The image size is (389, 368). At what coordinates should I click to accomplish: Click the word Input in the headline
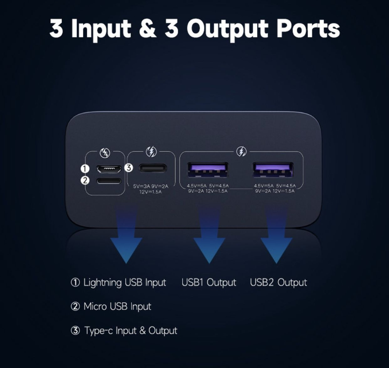pyautogui.click(x=101, y=29)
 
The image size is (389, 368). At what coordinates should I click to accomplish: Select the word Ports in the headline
pyautogui.click(x=308, y=29)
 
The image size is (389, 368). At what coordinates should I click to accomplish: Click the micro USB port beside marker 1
pyautogui.click(x=109, y=169)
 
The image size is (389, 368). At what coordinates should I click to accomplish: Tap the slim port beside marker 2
pyautogui.click(x=109, y=181)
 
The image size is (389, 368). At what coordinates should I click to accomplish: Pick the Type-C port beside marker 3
pyautogui.click(x=152, y=168)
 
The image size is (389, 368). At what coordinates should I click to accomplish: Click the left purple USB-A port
pyautogui.click(x=208, y=169)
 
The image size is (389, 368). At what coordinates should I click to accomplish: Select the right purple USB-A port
pyautogui.click(x=273, y=169)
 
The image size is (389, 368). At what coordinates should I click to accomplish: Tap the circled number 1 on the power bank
pyautogui.click(x=85, y=169)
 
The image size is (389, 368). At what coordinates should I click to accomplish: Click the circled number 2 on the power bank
pyautogui.click(x=85, y=180)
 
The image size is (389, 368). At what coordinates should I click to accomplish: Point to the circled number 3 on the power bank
pyautogui.click(x=128, y=168)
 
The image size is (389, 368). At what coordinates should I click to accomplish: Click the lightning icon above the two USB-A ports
pyautogui.click(x=242, y=151)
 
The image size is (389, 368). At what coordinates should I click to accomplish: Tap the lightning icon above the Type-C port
pyautogui.click(x=151, y=152)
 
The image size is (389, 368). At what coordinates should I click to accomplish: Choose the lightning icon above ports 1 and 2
pyautogui.click(x=105, y=153)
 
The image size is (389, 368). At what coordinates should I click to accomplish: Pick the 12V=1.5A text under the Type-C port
pyautogui.click(x=150, y=192)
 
